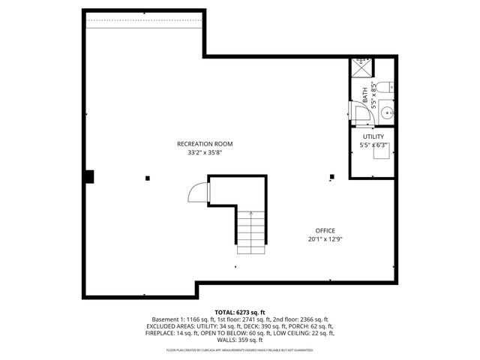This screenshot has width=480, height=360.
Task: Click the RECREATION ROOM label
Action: (x=205, y=143)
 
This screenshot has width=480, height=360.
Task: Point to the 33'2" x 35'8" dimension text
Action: (x=205, y=152)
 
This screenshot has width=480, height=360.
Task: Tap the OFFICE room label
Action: (x=325, y=230)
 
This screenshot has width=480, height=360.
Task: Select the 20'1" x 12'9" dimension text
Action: (x=325, y=239)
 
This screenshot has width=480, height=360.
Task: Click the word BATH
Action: (x=365, y=94)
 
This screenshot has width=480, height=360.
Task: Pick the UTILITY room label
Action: (x=373, y=136)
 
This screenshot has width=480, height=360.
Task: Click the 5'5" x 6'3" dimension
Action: (x=373, y=145)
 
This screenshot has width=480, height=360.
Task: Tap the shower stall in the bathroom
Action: (x=361, y=67)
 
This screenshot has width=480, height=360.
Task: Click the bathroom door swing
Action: (x=358, y=112)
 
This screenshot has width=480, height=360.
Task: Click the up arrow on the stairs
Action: (x=251, y=217)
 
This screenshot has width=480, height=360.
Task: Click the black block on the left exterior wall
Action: (x=88, y=177)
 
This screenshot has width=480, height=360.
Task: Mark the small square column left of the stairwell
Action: (x=147, y=178)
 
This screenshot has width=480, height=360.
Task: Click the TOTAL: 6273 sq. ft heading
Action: (x=239, y=312)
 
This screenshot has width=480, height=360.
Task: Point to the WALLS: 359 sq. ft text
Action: (x=239, y=339)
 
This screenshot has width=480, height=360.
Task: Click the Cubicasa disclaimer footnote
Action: (x=239, y=349)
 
